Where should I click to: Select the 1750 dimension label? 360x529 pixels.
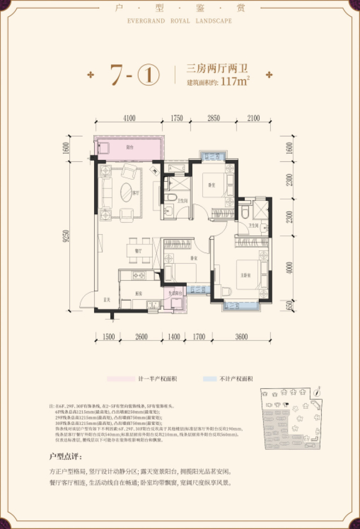[x=176, y=119]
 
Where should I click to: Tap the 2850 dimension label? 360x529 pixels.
[x=213, y=119]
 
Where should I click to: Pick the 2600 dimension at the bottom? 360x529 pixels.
[x=141, y=336]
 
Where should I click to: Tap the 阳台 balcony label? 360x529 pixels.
[x=129, y=147]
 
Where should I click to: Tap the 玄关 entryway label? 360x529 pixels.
[x=107, y=299]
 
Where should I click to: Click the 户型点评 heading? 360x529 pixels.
[x=65, y=457]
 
